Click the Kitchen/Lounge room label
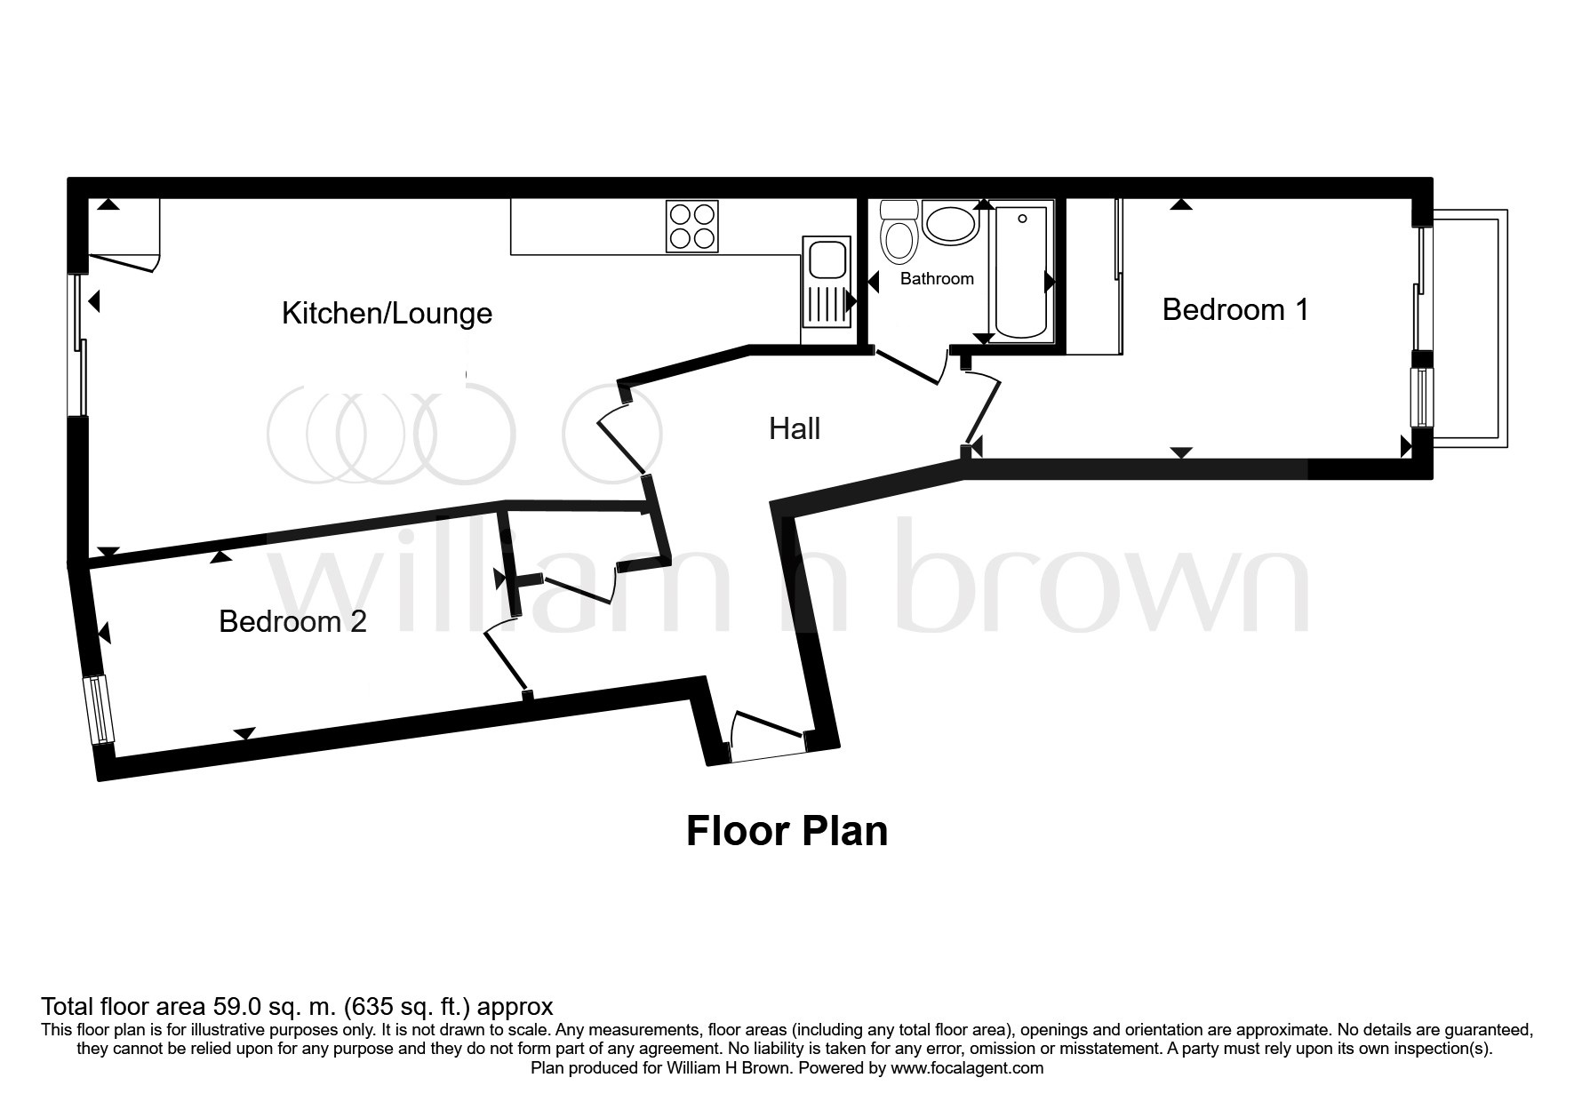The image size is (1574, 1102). (x=387, y=313)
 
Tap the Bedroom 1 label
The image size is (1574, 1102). (x=1235, y=309)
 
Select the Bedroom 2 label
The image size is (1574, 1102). (x=292, y=621)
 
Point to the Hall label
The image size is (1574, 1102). (x=795, y=428)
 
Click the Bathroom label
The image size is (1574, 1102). (x=937, y=278)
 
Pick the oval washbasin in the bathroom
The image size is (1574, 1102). (x=950, y=222)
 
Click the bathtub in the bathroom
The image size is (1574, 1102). (x=1021, y=271)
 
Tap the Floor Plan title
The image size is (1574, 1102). (x=787, y=831)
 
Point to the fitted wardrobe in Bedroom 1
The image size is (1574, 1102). (x=1094, y=277)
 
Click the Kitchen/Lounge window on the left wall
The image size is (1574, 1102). (x=78, y=345)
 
